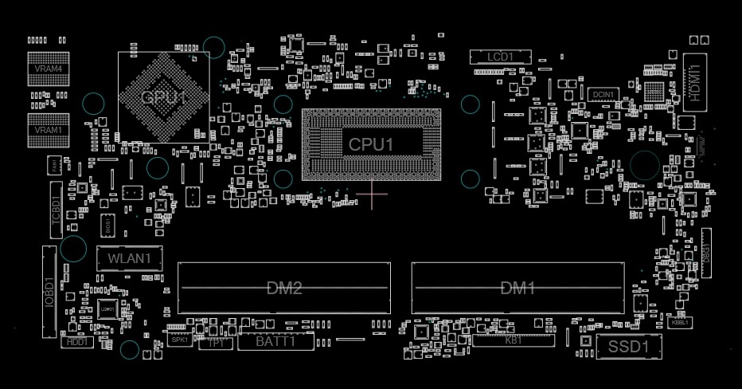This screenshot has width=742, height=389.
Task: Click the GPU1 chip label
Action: point(163,97)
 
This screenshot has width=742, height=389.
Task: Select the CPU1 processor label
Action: point(371,144)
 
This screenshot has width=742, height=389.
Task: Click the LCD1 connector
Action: point(500,57)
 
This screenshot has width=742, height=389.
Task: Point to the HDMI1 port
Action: point(695,83)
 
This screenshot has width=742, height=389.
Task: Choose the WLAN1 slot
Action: point(129,258)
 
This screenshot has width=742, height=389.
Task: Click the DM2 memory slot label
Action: point(283,288)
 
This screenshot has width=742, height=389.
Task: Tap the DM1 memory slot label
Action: point(517,288)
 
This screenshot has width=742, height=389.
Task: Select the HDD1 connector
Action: point(77,342)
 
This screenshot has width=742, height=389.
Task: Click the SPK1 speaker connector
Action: point(179,340)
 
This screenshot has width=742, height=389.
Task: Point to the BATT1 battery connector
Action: point(276,342)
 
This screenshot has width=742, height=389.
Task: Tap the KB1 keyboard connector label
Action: point(514,340)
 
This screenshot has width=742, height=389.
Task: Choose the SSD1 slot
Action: point(629,347)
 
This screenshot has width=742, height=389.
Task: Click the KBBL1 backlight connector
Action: point(680,323)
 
